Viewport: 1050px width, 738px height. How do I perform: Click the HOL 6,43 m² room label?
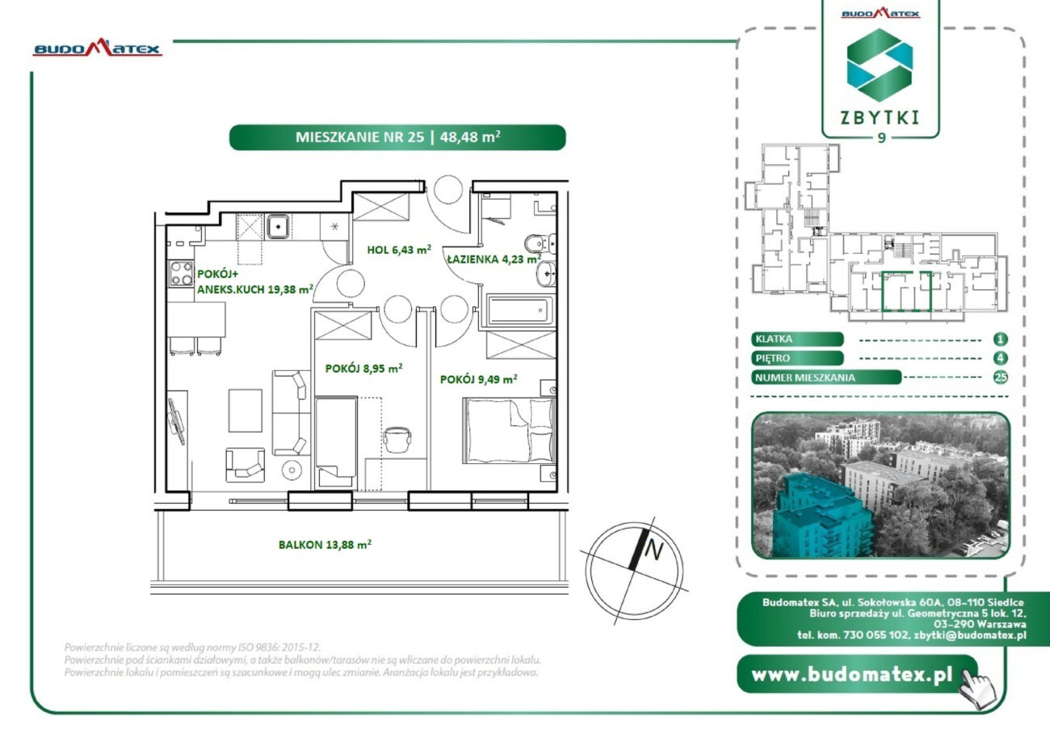(399, 249)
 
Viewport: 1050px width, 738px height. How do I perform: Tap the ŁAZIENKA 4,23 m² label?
(494, 259)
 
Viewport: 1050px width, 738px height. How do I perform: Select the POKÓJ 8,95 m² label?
(363, 369)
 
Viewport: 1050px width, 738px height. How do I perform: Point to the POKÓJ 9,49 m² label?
(479, 379)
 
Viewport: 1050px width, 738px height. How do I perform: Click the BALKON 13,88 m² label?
(325, 544)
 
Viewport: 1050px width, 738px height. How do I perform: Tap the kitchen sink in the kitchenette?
(279, 226)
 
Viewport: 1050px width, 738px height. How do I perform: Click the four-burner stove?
(181, 273)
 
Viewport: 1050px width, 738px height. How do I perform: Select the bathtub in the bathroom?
(520, 310)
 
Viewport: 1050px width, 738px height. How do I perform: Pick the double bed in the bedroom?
(509, 431)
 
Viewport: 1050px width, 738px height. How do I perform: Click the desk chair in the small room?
(397, 440)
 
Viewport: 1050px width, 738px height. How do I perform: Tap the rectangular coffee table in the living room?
(246, 410)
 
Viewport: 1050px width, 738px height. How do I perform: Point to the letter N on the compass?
(654, 550)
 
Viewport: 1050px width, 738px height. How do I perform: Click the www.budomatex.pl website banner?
(857, 674)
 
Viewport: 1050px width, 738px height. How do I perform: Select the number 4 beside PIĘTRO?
(1000, 358)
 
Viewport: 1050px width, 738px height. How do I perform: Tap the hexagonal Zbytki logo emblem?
(880, 65)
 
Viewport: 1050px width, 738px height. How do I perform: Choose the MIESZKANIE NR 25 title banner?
(397, 137)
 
